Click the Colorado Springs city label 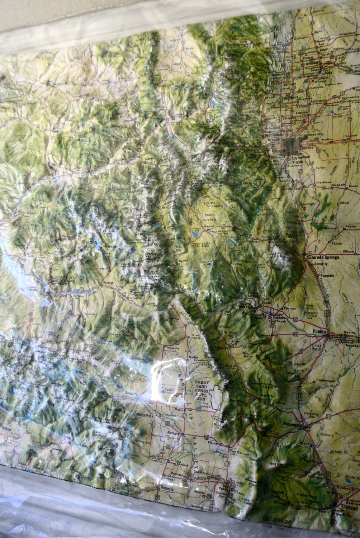pyautogui.click(x=321, y=257)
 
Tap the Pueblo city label pyautogui.click(x=319, y=331)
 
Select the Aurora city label pyautogui.click(x=308, y=147)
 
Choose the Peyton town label pyautogui.click(x=350, y=227)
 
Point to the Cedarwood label pyautogui.click(x=326, y=381)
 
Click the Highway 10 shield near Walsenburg pyautogui.click(x=329, y=417)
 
